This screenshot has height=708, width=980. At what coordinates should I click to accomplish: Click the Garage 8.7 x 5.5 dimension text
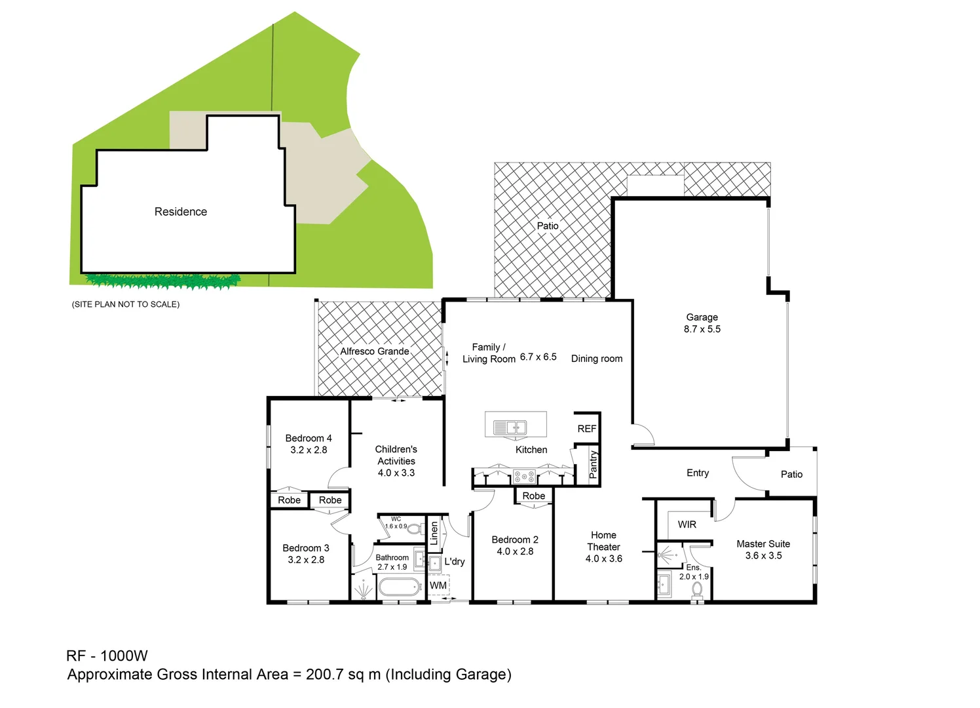tap(702, 329)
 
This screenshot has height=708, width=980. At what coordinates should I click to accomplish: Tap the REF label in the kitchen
tap(586, 429)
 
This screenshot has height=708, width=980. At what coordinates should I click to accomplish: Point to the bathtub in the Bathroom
tap(400, 587)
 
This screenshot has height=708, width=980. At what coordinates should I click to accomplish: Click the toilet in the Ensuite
tap(697, 589)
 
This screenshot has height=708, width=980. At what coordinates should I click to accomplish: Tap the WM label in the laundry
tap(438, 585)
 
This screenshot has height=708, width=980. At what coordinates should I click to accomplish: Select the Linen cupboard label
tap(434, 533)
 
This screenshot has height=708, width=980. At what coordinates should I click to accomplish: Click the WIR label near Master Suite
tap(687, 524)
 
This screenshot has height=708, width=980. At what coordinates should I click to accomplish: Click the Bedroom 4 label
tap(309, 438)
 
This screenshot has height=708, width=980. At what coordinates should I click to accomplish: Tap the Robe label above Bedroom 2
tap(533, 496)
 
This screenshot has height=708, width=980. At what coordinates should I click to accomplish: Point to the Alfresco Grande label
tap(375, 351)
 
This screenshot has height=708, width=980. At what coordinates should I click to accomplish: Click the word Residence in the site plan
tap(181, 212)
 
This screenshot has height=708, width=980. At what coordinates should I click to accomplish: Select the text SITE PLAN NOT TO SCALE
tap(126, 304)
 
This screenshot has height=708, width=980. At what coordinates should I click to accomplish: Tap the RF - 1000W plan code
tap(107, 656)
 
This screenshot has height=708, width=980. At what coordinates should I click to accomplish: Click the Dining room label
tap(596, 359)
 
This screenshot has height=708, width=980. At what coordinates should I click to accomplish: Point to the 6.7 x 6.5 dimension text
tap(538, 357)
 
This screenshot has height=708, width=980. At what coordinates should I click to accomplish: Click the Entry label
tap(698, 473)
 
